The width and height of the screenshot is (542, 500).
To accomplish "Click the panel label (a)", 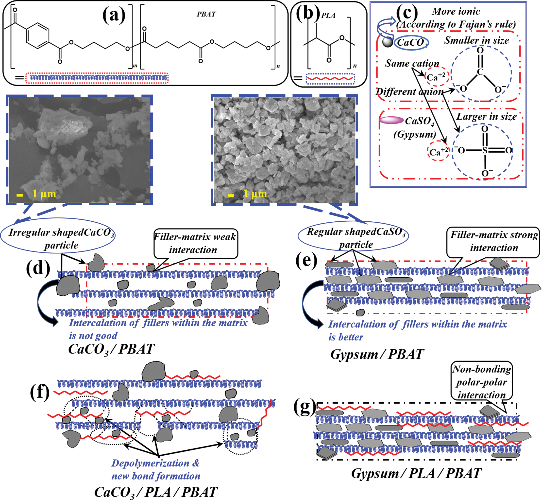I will (x=114, y=15).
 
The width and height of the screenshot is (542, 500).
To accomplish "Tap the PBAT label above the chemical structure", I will (x=206, y=14).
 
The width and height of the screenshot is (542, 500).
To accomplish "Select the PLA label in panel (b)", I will (x=328, y=16).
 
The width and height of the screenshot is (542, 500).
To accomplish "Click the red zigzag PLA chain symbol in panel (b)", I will (x=330, y=79).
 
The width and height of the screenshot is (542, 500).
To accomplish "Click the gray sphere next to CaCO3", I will (x=388, y=42).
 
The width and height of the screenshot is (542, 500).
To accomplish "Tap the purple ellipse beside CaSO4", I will (x=391, y=120).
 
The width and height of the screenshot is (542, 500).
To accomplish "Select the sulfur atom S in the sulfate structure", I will (x=485, y=150).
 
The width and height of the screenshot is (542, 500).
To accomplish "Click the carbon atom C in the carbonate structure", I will (x=480, y=72).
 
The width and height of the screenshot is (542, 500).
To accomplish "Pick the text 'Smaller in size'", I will (x=476, y=40).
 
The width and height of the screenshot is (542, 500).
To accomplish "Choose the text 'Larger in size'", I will (x=486, y=117).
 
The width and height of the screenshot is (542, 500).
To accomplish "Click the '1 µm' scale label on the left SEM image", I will (x=44, y=194).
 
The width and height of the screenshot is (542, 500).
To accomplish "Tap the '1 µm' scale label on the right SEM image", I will (x=255, y=194).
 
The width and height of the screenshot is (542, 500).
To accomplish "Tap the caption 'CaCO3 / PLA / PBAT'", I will (x=156, y=492).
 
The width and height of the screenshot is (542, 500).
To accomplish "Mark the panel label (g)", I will (x=305, y=408).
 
